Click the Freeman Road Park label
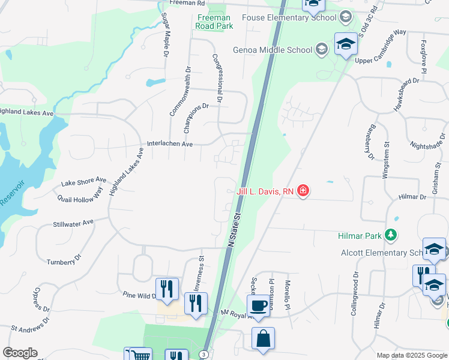point(214,22)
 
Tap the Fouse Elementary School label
point(289,17)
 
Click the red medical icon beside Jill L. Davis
point(303,191)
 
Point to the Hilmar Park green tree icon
point(391,234)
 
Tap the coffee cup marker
point(259,305)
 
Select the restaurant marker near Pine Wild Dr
point(167,289)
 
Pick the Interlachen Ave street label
point(170,145)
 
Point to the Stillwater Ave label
point(73,223)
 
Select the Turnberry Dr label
point(64,260)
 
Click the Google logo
point(20,353)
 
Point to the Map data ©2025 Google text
point(412,355)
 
